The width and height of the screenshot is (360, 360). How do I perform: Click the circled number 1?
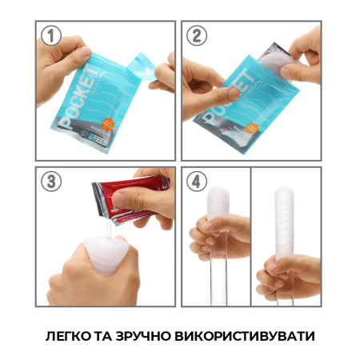point(52,37)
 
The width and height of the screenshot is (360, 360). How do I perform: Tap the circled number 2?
point(197,37)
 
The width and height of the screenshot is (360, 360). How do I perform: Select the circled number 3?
point(52,182)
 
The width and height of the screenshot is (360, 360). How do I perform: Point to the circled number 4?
point(197,182)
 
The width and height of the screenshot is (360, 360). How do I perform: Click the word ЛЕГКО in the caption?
point(73,334)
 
